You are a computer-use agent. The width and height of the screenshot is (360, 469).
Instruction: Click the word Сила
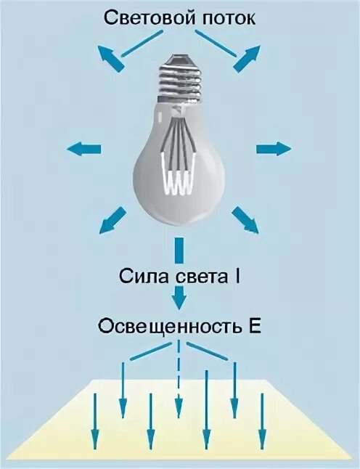point(145,277)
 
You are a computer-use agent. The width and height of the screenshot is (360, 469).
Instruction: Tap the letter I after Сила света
point(239,277)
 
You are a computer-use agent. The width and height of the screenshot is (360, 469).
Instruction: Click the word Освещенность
point(165,325)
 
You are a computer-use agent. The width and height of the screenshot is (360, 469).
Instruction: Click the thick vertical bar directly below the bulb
point(179,252)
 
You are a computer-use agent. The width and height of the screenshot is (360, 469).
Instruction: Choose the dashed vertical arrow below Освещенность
point(179,385)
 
